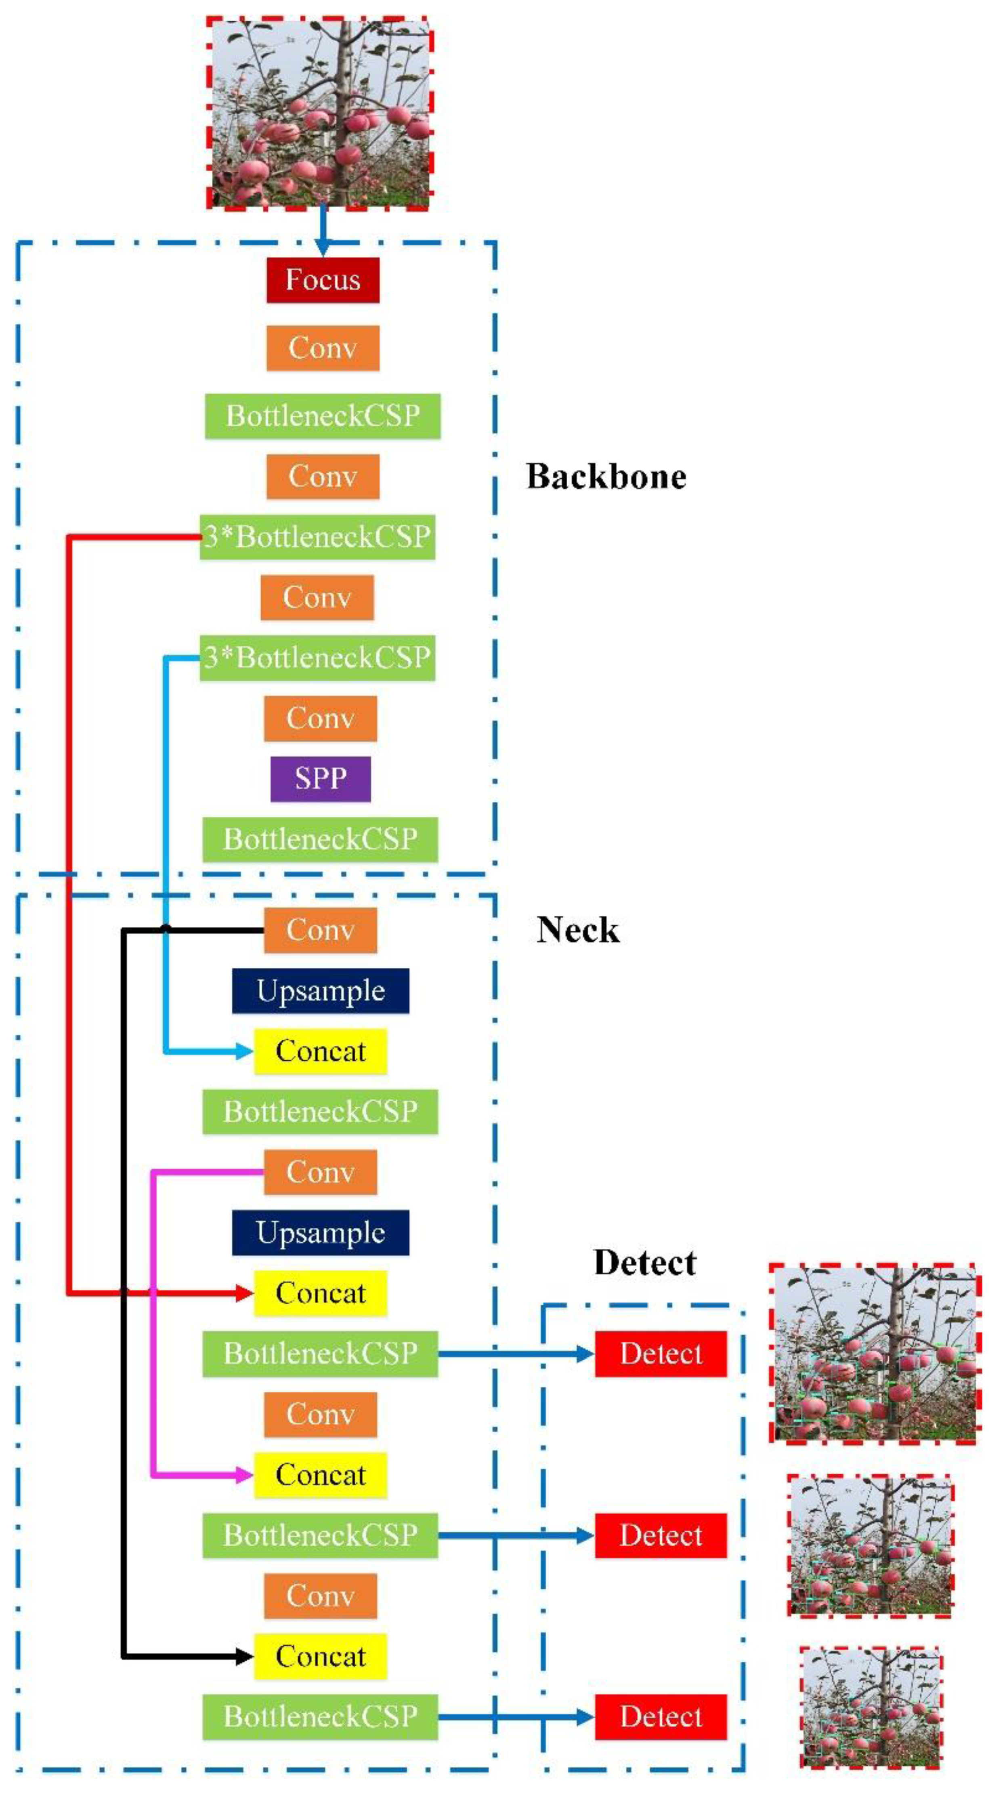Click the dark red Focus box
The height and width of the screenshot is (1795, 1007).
point(323,280)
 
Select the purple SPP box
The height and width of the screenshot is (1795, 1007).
point(320,778)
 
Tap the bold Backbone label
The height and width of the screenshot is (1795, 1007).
point(606,477)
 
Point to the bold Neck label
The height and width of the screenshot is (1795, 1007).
point(577,929)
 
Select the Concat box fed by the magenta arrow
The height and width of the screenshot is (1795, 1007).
point(320,1474)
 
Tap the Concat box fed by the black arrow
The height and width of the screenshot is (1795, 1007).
point(320,1656)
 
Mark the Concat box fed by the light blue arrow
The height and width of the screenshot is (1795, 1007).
point(320,1051)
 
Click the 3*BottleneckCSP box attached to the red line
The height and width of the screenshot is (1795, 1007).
point(317,536)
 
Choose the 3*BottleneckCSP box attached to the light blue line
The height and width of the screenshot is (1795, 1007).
point(317,657)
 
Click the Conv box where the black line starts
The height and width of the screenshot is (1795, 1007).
point(320,929)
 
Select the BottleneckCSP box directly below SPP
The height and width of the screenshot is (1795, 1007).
point(320,839)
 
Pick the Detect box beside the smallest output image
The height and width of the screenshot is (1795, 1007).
point(660,1716)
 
